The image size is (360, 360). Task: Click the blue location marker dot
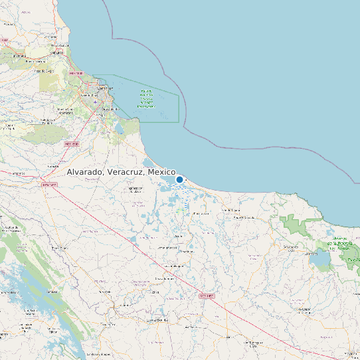(179, 179)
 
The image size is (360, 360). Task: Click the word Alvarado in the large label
(84, 172)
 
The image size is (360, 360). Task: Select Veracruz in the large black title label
(125, 172)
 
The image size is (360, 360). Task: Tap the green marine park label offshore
(147, 98)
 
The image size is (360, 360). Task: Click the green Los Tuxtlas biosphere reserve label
(341, 242)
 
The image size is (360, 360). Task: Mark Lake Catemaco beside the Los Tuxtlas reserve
(320, 260)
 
